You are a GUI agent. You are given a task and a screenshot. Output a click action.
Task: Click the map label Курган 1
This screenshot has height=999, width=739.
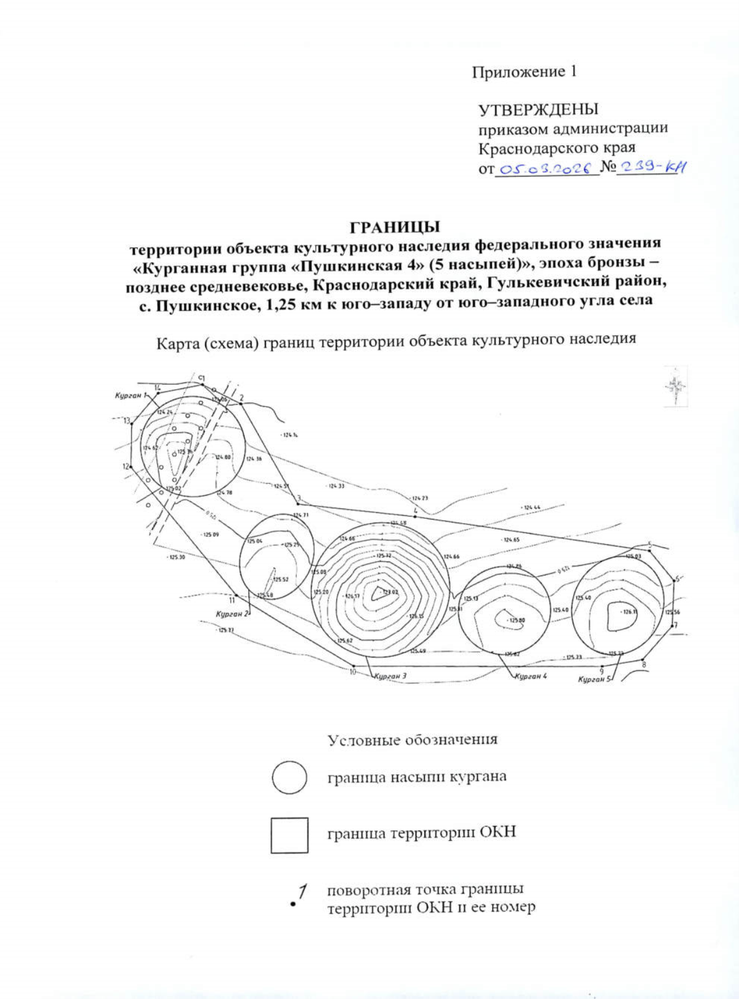point(130,395)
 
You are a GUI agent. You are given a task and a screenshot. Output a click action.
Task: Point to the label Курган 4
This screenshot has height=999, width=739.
point(530,676)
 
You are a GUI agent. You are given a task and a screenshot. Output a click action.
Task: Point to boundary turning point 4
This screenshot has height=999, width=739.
point(416,516)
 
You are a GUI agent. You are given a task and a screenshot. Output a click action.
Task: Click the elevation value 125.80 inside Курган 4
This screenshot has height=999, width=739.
point(515,620)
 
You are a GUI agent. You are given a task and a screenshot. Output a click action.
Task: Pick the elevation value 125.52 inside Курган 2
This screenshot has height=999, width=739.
point(281,579)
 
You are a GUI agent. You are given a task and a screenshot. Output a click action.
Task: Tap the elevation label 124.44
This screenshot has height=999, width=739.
point(530,508)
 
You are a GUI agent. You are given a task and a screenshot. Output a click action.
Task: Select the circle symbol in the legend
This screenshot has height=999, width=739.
point(289,777)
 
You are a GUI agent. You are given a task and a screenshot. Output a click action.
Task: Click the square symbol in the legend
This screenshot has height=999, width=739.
point(289,835)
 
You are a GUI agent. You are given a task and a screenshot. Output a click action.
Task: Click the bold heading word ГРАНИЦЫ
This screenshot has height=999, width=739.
point(395,227)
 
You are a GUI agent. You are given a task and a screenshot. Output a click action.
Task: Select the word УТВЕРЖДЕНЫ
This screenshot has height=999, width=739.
point(538,110)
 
